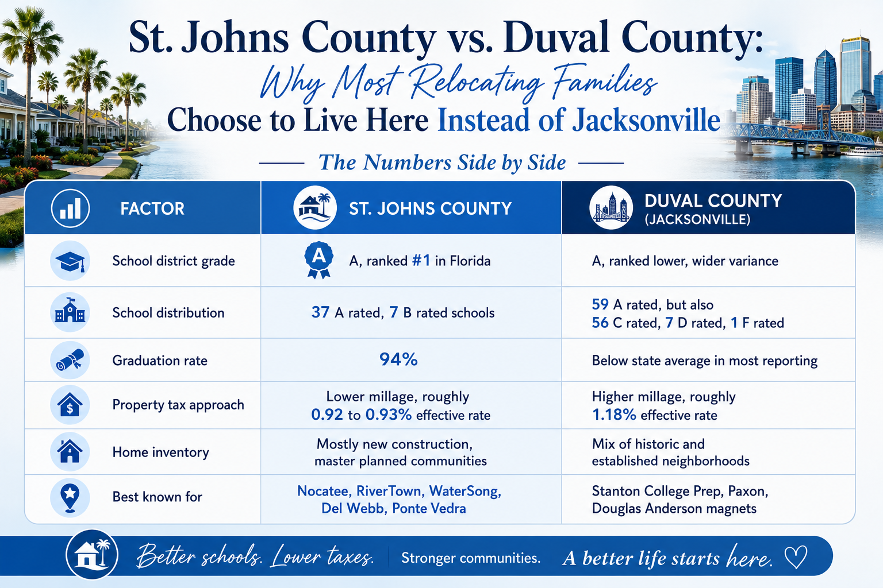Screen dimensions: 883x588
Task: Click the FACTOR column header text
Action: (152, 209)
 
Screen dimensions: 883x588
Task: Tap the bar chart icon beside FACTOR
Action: (70, 208)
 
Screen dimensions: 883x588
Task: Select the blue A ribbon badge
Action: (318, 260)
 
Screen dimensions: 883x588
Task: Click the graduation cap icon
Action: (70, 261)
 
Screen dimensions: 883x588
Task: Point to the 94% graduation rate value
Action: (398, 359)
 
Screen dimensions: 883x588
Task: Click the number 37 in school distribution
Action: (320, 312)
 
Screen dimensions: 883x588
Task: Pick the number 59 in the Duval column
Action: (600, 304)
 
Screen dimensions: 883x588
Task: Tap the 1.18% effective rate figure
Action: (614, 415)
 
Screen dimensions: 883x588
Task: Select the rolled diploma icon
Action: (70, 359)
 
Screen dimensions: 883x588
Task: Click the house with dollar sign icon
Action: (70, 404)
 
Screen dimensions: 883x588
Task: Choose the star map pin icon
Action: (70, 497)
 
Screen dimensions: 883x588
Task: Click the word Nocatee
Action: (323, 491)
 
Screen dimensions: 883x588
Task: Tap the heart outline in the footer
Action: (796, 557)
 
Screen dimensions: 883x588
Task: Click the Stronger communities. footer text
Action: (471, 558)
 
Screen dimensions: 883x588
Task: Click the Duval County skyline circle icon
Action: (611, 207)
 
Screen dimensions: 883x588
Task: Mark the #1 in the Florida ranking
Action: (421, 261)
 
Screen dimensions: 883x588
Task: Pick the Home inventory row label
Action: (160, 452)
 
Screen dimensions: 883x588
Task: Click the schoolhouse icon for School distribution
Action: (70, 312)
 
